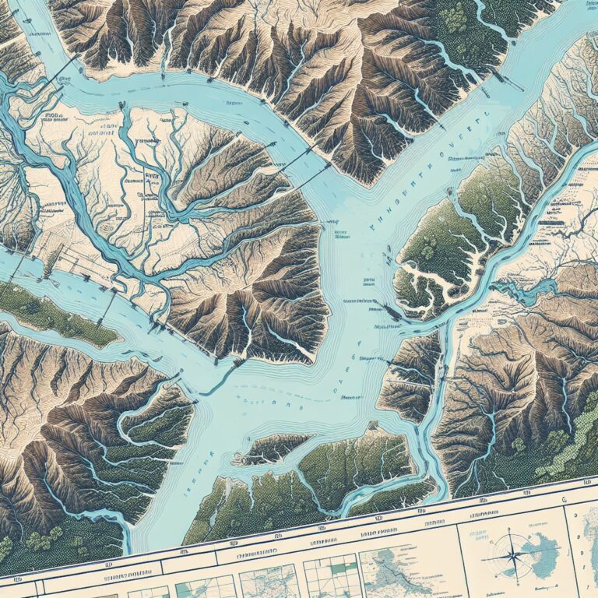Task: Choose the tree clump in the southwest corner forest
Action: pos(31,537)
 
